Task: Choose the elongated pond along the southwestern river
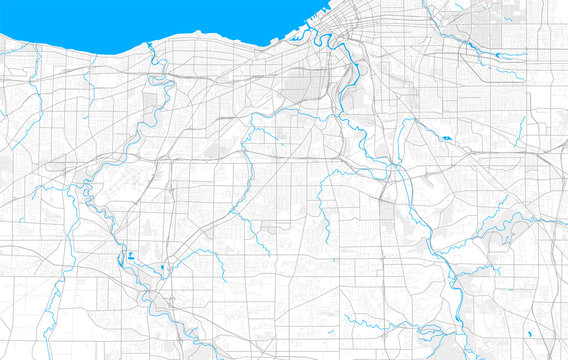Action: [121, 261]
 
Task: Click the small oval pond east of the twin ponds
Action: [160, 268]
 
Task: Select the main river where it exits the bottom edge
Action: [458, 357]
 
